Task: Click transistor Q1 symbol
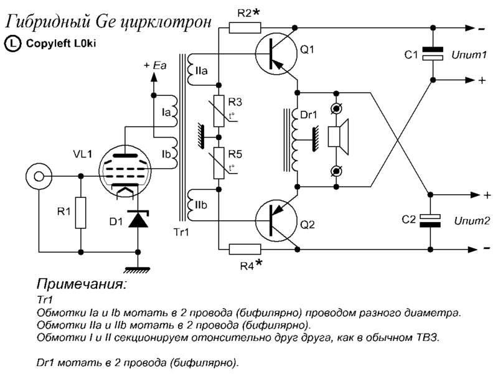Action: tap(276, 54)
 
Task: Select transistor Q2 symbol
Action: tap(276, 221)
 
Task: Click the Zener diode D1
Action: tap(138, 219)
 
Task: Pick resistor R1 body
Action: tap(81, 213)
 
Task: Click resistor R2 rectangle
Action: tap(245, 28)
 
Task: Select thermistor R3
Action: tap(219, 111)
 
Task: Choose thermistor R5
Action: tap(219, 163)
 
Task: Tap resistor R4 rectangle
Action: tap(245, 249)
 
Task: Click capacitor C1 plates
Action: tap(432, 54)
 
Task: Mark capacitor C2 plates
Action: tap(430, 221)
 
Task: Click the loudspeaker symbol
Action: tap(338, 137)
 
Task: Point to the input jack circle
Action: tap(39, 176)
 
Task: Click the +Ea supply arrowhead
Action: tap(154, 77)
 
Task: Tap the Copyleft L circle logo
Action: tap(12, 44)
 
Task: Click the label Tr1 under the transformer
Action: tap(181, 232)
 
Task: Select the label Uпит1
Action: tap(469, 55)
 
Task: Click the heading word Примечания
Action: tap(82, 284)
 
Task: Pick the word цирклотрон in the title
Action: tap(166, 22)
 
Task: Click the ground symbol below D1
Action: tap(138, 270)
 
